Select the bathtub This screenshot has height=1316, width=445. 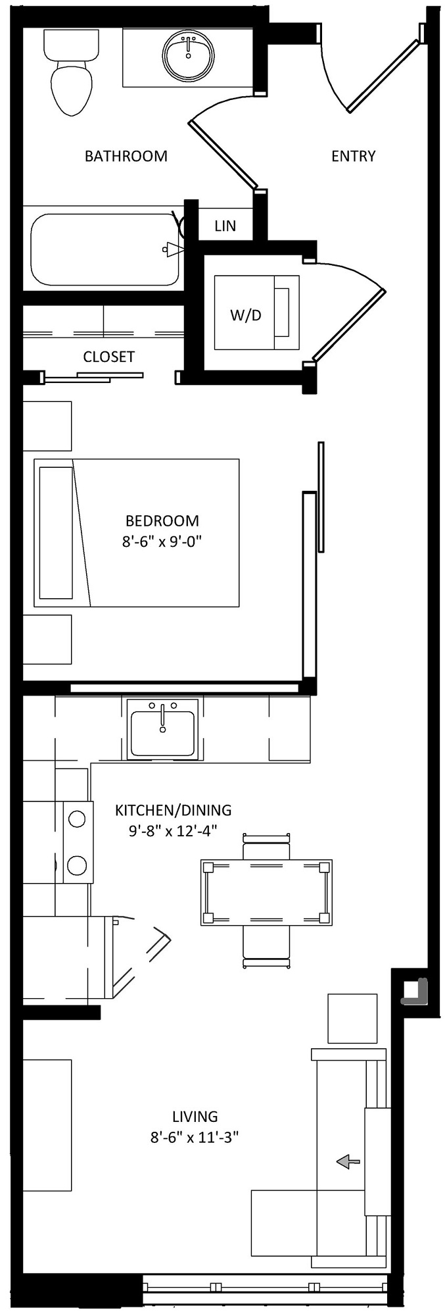coord(105,249)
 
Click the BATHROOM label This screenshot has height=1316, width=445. coord(126,156)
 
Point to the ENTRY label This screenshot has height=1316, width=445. coord(354,156)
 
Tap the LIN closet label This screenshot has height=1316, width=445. coord(225,226)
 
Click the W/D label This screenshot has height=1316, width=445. coord(245,315)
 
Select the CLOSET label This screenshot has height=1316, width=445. coord(109,357)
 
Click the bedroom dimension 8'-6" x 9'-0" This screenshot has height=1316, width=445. coord(162,542)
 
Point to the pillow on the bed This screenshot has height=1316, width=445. coord(56,533)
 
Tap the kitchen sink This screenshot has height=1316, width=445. coord(162,728)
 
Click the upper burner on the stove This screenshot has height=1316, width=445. coord(77,819)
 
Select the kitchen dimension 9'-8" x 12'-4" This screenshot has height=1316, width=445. coord(173,830)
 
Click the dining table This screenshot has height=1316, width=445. coord(266,892)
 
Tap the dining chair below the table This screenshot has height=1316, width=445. coord(266,946)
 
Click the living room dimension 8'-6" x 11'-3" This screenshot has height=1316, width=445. coord(194,1137)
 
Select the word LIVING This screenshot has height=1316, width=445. coord(195,1116)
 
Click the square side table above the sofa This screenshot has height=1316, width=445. coord(352,1018)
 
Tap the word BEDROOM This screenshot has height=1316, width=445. coord(162,520)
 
